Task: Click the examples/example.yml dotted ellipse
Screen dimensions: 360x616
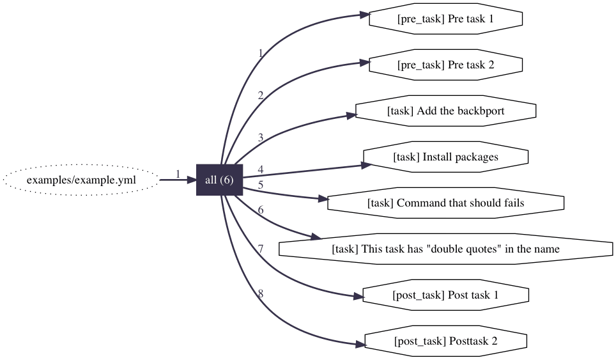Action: pos(81,180)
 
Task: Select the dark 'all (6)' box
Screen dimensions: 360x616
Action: pos(219,180)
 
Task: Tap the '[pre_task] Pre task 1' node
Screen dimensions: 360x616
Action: pos(445,19)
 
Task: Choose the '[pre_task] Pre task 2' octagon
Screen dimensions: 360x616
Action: pos(445,65)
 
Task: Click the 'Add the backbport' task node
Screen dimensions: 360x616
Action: pos(445,111)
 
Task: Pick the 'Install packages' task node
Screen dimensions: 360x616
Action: pos(445,157)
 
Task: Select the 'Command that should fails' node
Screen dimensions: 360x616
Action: pos(445,203)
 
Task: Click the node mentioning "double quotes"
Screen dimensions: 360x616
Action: pos(445,249)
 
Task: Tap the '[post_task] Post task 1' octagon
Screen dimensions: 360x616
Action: pos(445,295)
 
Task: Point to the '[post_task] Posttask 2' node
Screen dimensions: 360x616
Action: pos(445,341)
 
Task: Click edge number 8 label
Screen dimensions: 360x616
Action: pos(260,294)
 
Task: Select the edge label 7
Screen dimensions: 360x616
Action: pos(260,248)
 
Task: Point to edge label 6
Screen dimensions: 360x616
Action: pos(260,210)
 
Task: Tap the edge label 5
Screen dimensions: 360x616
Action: pos(260,185)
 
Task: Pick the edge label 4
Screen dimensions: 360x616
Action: pos(260,169)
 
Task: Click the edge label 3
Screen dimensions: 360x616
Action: pos(260,137)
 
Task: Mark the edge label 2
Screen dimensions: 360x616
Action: pos(260,95)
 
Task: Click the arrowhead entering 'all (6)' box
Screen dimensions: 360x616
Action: pos(190,180)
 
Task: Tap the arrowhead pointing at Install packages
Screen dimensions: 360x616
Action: pos(366,164)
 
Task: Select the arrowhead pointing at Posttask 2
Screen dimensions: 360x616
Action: pos(359,345)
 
